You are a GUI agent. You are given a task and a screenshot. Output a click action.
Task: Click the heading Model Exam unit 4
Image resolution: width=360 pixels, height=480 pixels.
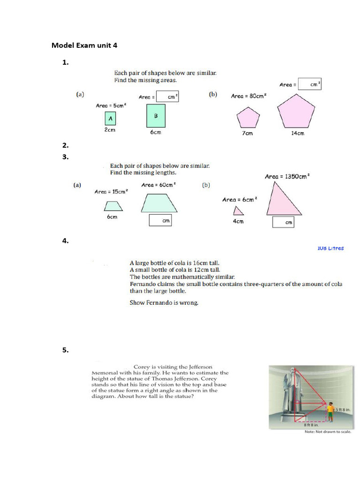[x=84, y=45]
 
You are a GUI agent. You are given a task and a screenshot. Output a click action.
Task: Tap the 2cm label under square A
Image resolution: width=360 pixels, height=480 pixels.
[x=110, y=130]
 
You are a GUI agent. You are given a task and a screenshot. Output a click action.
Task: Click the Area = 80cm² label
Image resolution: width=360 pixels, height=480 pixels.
[x=248, y=96]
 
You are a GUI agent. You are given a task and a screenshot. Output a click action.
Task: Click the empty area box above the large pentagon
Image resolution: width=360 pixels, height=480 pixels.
[x=309, y=84]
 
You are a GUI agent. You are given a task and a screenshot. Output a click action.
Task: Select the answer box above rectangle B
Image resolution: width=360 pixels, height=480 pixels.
[x=167, y=97]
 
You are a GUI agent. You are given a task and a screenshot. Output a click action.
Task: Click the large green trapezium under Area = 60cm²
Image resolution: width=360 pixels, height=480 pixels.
[x=159, y=203]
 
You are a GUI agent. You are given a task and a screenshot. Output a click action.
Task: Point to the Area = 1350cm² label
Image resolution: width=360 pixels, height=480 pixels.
[x=287, y=177]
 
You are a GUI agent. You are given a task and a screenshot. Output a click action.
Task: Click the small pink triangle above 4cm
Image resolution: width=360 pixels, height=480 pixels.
[x=238, y=210]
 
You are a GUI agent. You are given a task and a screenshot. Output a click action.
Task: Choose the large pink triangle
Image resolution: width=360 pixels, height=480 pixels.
[x=284, y=199]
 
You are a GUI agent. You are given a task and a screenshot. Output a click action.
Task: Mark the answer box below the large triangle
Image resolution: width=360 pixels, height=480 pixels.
[x=284, y=222]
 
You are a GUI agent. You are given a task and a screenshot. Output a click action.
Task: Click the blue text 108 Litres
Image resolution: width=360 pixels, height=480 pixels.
[x=330, y=248]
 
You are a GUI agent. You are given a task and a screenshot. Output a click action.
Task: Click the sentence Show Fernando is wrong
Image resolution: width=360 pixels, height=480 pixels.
[x=164, y=302]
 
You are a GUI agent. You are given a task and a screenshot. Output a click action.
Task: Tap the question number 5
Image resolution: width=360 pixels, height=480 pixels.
[x=65, y=350]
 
